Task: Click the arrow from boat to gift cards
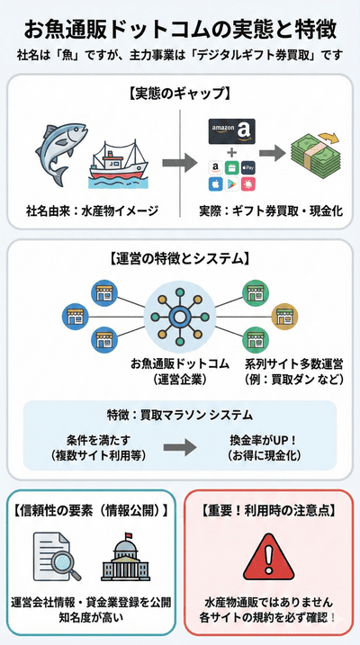[179, 166]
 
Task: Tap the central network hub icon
[179, 315]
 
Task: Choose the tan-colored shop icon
[285, 316]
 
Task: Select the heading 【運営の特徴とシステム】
[180, 258]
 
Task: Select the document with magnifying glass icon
[57, 557]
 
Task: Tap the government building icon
[126, 557]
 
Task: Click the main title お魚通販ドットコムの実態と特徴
[180, 29]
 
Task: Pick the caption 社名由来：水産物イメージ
[92, 211]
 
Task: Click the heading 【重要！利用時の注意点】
[269, 509]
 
